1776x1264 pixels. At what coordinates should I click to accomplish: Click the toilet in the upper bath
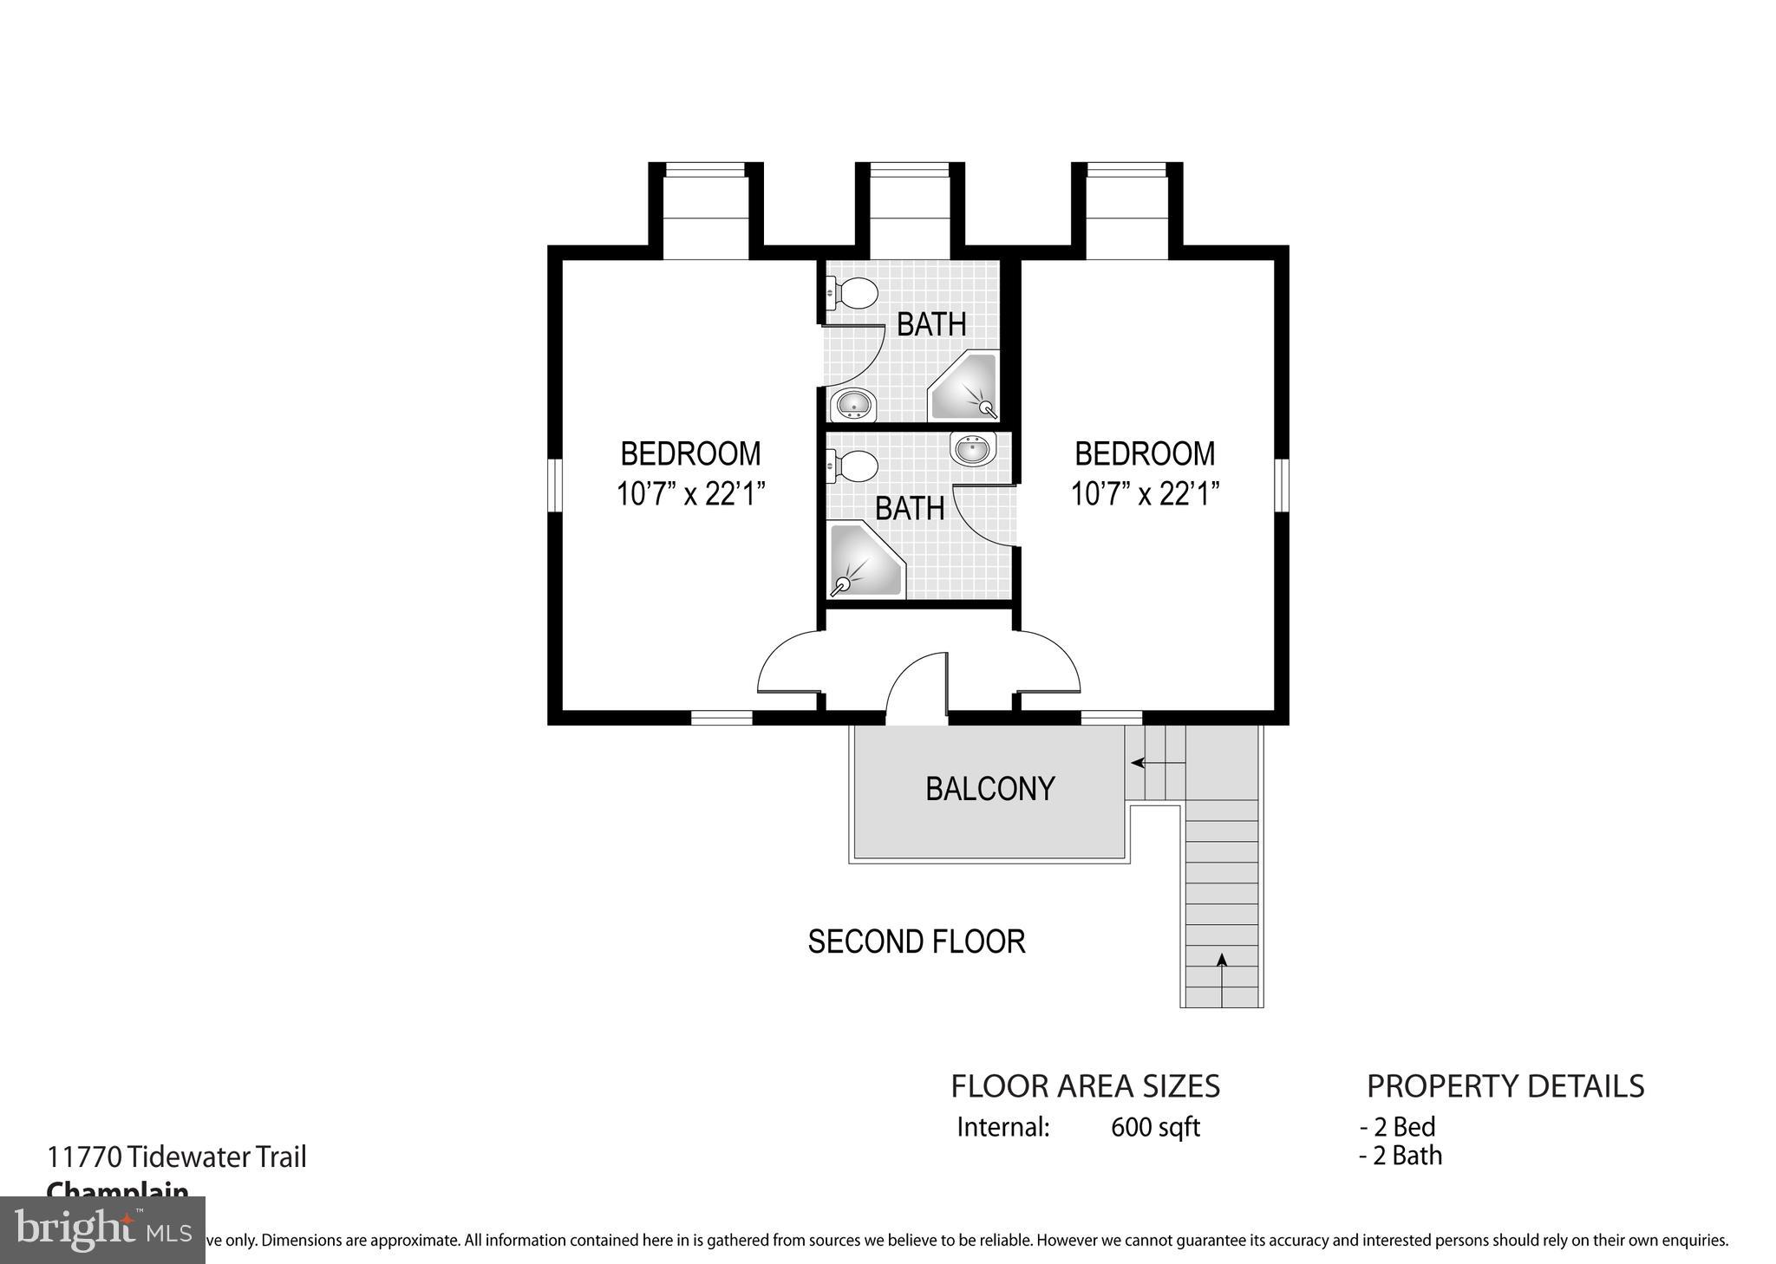[852, 293]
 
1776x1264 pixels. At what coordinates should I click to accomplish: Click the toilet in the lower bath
[852, 466]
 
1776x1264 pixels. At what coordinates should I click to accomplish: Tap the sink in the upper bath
[853, 404]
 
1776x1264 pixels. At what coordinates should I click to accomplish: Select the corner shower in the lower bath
[863, 560]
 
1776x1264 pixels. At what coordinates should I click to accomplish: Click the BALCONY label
[989, 788]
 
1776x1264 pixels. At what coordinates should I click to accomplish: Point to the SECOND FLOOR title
[916, 941]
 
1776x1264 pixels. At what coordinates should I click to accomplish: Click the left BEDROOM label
[690, 453]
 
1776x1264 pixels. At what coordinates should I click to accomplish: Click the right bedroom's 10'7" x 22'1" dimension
[1145, 494]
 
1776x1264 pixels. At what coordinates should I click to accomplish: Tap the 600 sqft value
[1155, 1127]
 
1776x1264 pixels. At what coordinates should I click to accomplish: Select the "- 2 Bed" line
[1397, 1127]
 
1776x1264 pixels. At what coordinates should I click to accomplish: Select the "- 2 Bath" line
[1401, 1156]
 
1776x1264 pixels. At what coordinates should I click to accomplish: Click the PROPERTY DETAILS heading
[1505, 1085]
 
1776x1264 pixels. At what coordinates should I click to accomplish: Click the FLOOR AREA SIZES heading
[1085, 1085]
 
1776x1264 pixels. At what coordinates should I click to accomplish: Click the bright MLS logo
[102, 1229]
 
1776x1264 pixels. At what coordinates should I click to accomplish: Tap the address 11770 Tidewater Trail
[177, 1156]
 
